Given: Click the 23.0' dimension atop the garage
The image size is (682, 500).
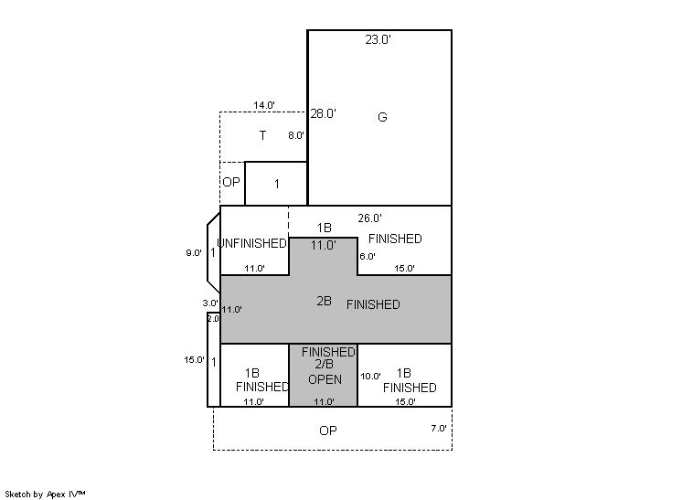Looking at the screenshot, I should [x=379, y=39].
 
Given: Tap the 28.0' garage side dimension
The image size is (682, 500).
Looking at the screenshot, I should [x=323, y=114].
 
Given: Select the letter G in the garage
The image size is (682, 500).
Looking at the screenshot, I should [x=382, y=117].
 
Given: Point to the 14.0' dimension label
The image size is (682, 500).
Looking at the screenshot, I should [x=264, y=106].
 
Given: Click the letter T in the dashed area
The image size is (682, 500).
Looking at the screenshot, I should [x=262, y=136].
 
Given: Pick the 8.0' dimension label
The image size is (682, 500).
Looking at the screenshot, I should [x=296, y=135].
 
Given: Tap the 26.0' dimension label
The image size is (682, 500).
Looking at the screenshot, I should [x=369, y=218].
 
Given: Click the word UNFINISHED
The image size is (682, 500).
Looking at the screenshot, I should [x=251, y=243].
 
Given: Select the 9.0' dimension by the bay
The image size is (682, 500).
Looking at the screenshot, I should [x=194, y=253].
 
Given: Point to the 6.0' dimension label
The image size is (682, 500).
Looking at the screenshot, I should [x=367, y=257].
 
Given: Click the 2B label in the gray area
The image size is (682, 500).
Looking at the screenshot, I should [x=324, y=301].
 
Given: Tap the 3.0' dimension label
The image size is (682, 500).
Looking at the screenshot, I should [x=210, y=303].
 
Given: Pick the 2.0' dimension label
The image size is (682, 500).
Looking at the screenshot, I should [x=213, y=318].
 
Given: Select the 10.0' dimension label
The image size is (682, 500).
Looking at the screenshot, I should [x=370, y=376].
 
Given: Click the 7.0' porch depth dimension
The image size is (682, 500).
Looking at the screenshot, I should [x=438, y=428].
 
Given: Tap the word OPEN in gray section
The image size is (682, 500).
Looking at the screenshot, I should [x=325, y=379].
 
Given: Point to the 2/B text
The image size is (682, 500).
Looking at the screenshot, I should [x=325, y=365].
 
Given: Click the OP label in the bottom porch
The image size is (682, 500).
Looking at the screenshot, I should [x=327, y=431].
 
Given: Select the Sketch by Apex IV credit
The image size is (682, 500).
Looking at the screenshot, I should [x=45, y=494].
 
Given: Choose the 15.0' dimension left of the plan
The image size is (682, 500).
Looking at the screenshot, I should [x=194, y=360].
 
